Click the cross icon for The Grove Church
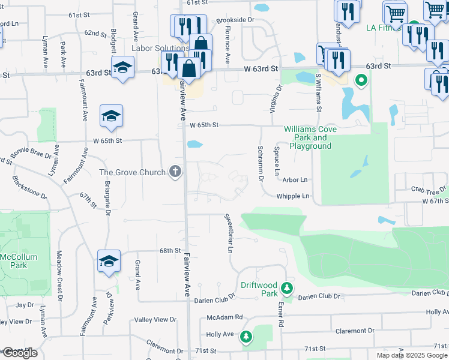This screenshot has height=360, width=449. click(175, 172)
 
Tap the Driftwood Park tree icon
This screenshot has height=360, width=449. click(288, 289)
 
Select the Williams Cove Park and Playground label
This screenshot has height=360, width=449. click(310, 137)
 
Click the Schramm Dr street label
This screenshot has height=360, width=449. click(261, 163)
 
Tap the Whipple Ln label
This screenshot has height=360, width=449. click(293, 196)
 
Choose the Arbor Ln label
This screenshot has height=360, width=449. click(295, 179)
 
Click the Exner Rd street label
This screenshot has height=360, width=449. click(280, 314)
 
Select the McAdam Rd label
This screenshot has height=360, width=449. click(224, 317)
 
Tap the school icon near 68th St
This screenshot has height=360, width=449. click(109, 261)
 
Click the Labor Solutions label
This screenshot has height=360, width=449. click(160, 48)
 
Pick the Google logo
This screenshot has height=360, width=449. click(19, 353)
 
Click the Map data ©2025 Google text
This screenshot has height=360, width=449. click(412, 355)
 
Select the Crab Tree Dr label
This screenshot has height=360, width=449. click(429, 188)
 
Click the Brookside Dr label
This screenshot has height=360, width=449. click(235, 20)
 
